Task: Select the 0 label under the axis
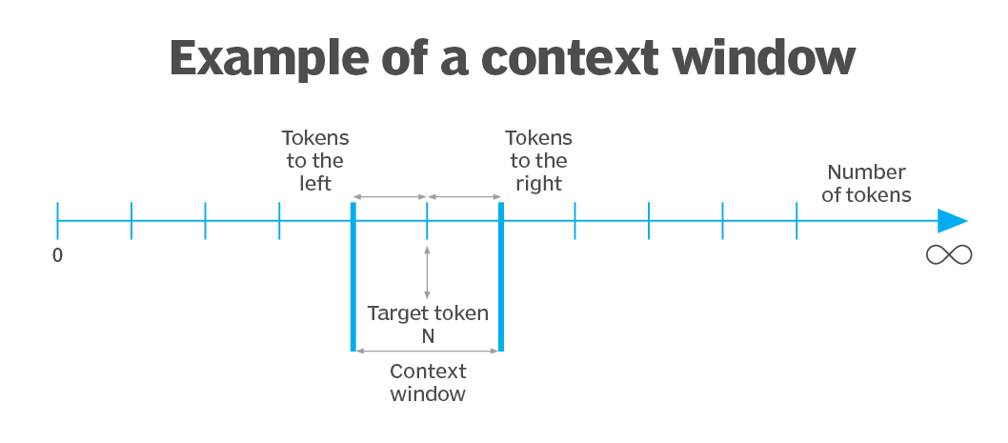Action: (x=57, y=254)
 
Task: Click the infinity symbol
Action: (x=949, y=254)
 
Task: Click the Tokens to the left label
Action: (x=315, y=160)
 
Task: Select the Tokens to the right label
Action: (x=538, y=160)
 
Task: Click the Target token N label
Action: (x=428, y=323)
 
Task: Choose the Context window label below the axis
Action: (x=428, y=382)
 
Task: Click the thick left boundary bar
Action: (x=353, y=276)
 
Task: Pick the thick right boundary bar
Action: (x=501, y=276)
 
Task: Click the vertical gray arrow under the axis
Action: (x=427, y=272)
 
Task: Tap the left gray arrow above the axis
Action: (x=391, y=197)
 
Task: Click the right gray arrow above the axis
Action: (x=464, y=197)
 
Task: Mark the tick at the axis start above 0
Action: (x=57, y=220)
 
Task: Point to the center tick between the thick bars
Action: (x=427, y=220)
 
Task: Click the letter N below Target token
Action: (x=428, y=334)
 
